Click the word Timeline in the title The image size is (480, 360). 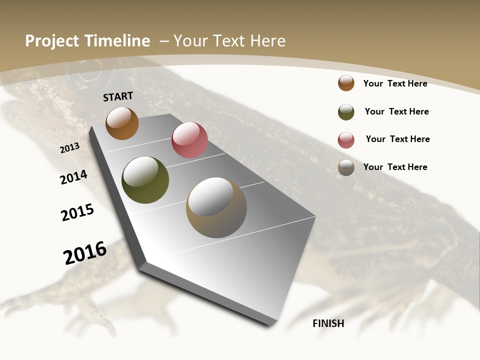coord(117,41)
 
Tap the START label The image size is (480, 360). coord(118,96)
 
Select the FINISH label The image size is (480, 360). coord(328,323)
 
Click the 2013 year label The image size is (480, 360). coord(70,148)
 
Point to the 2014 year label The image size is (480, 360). coord(74,177)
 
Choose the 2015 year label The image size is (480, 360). coord(77,212)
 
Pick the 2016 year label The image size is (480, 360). coord(85,253)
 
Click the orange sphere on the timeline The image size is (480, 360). coord(122,123)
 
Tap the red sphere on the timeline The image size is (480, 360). coord(189,140)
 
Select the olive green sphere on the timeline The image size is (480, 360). coord(145,180)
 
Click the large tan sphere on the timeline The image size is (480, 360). coord(216,207)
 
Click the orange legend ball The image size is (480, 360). coord(346,83)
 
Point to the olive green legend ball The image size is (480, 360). coord(346,112)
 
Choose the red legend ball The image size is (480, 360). coord(346,140)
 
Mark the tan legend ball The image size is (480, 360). coord(346,167)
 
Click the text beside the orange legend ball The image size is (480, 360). coord(395,83)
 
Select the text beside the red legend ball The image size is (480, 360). coord(397,139)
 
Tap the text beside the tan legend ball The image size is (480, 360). coord(395,167)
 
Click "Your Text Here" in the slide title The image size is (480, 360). coord(229,41)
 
